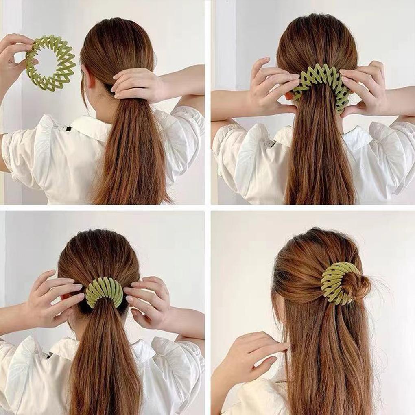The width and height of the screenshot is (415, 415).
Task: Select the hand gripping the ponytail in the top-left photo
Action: click(136, 83)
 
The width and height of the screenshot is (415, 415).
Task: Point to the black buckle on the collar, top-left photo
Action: click(68, 129)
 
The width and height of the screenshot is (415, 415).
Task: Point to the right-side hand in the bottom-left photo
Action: click(149, 301)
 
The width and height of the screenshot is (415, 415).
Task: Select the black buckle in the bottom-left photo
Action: click(49, 355)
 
